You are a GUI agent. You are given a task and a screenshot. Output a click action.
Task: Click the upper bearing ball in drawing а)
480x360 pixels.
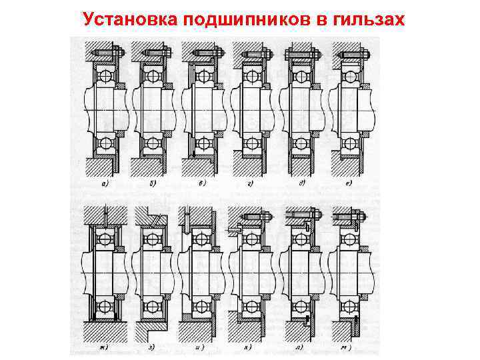pos(105,76)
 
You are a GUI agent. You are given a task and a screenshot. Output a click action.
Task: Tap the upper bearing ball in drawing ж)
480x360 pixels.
pos(105,239)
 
